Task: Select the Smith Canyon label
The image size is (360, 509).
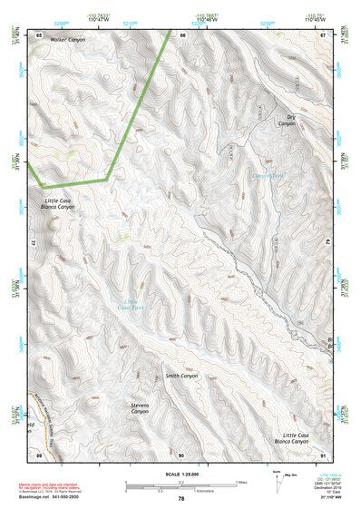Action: point(181,375)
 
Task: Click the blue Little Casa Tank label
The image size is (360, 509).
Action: point(134,306)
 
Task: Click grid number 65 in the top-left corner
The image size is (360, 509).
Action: point(39,34)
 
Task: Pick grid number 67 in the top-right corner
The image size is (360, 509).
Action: point(322,34)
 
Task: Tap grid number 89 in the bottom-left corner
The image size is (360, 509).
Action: point(39,454)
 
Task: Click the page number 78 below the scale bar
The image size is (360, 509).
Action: point(181,499)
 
